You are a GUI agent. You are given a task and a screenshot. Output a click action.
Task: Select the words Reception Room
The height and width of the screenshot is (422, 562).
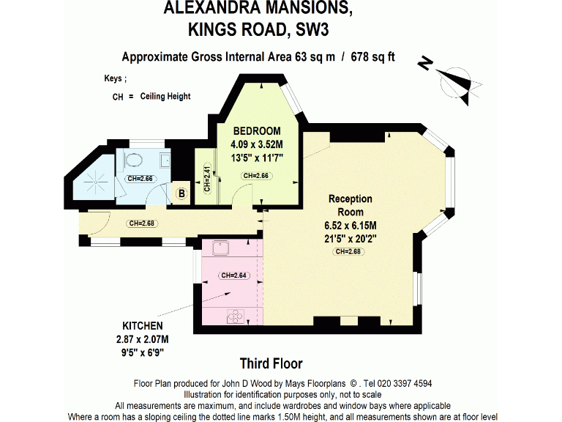tap(350, 205)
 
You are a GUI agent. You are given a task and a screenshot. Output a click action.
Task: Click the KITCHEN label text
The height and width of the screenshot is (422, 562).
tap(143, 325)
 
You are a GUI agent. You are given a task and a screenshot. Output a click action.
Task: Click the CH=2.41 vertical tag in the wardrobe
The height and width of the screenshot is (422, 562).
tap(207, 179)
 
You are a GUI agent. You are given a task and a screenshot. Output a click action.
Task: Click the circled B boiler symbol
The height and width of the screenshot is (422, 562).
tap(181, 193)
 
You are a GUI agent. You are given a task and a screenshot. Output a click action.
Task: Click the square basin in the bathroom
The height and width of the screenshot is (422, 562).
tap(165, 161)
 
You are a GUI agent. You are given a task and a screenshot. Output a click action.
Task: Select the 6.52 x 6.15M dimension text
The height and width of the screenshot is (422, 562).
tap(351, 225)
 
